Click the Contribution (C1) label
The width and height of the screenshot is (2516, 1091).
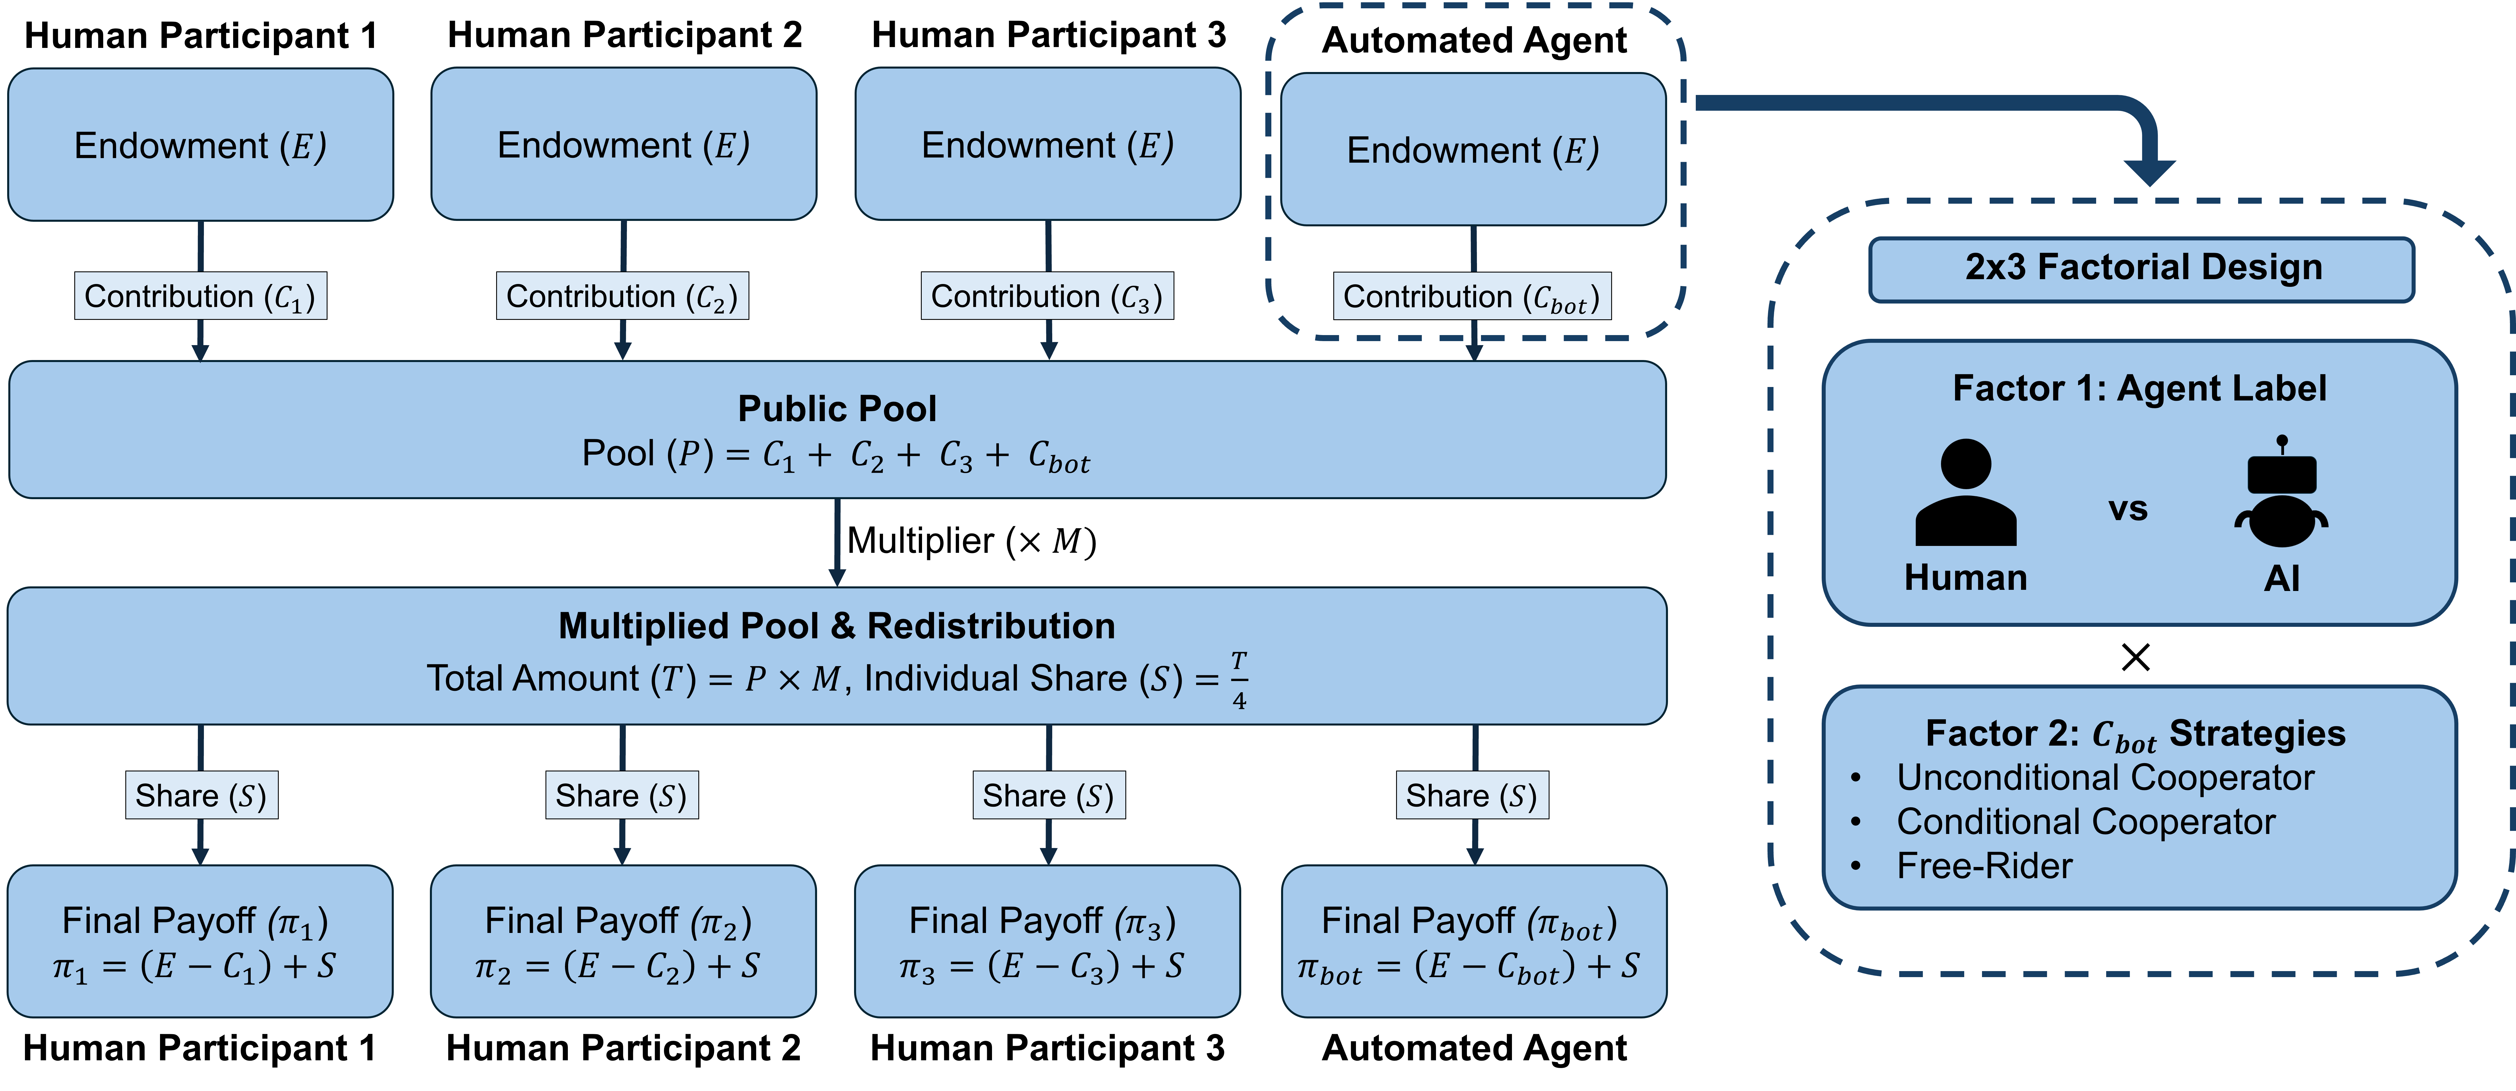[200, 296]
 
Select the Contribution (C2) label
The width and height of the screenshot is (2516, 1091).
[622, 296]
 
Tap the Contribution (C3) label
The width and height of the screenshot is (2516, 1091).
[1047, 296]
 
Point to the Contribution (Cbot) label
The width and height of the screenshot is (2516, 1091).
[1472, 296]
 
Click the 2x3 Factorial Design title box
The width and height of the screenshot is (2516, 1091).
[2142, 268]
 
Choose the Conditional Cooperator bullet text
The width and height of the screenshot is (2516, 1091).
[2085, 822]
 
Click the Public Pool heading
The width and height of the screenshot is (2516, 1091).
[837, 408]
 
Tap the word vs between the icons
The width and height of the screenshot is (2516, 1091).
[2127, 509]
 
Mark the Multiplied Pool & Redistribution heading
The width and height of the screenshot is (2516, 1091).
[837, 626]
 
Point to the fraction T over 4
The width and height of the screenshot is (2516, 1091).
[1238, 680]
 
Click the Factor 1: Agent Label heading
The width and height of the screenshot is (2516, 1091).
[2139, 389]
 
